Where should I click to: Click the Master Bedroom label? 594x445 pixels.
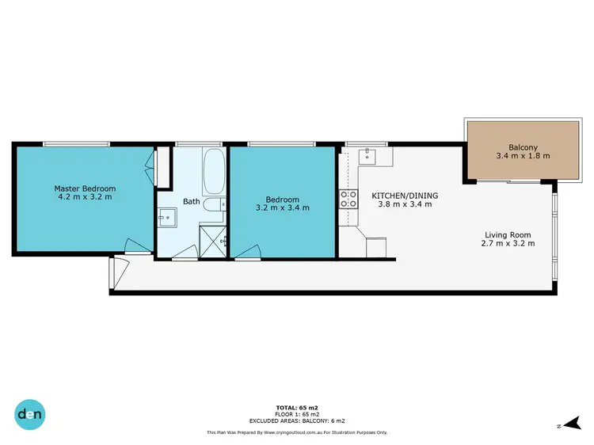point(85,188)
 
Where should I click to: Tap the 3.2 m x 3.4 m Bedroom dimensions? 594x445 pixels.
point(282,207)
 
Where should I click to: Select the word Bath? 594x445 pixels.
point(192,201)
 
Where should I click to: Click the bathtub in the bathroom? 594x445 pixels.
point(213,173)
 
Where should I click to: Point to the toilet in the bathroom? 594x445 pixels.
point(212,206)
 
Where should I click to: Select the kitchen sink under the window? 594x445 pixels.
point(368,157)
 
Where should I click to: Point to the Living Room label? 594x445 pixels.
point(508,234)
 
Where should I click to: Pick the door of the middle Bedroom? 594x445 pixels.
point(246,253)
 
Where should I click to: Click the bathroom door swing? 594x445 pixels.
point(185,253)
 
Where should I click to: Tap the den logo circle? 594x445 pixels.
point(30,413)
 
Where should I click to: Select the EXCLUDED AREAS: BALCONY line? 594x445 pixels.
point(297,420)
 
